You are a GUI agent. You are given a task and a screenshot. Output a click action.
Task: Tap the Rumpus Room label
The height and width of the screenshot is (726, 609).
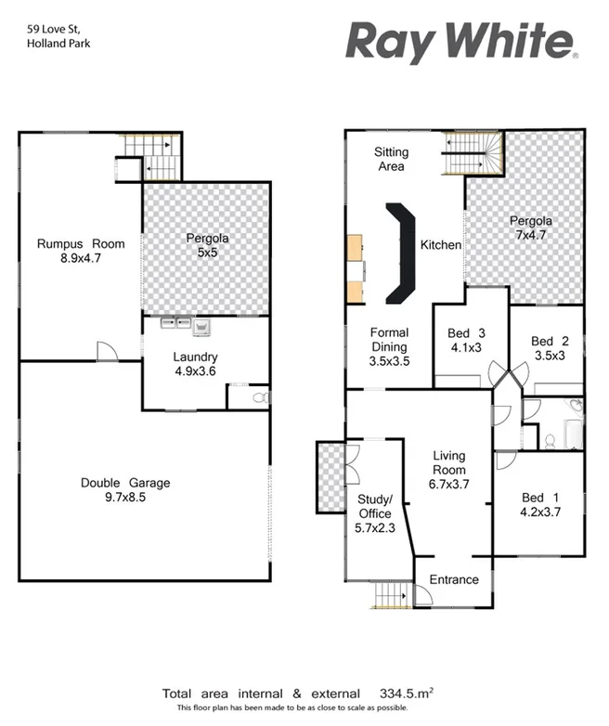(81, 252)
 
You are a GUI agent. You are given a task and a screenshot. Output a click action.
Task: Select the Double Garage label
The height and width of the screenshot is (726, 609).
(125, 490)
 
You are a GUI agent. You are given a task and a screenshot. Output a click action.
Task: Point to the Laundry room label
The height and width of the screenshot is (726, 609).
(195, 364)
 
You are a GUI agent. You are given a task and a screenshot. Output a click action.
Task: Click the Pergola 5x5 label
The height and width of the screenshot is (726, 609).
(206, 245)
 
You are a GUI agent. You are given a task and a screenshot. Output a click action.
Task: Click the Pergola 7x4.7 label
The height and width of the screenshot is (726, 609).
(531, 228)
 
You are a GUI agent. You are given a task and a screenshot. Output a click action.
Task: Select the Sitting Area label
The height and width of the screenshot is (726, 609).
(390, 159)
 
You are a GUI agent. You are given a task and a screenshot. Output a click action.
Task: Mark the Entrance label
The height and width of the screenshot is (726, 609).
(454, 579)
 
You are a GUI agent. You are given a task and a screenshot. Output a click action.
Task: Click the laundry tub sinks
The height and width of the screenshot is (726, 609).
(184, 324)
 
